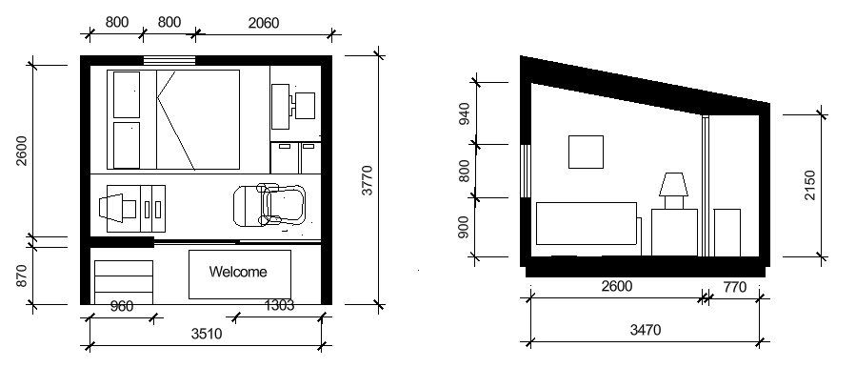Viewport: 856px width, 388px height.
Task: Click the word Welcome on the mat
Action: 238,272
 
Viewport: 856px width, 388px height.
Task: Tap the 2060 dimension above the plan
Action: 263,23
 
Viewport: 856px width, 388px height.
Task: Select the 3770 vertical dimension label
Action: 367,180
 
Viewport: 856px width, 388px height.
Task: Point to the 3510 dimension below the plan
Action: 207,334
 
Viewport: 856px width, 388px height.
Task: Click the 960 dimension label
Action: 121,307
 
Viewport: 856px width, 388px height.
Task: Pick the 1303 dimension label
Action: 279,305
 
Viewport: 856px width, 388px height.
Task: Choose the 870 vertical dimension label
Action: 21,276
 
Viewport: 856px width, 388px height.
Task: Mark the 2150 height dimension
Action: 809,185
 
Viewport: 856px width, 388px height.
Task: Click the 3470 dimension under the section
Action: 646,330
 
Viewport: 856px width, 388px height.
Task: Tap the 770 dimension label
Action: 734,287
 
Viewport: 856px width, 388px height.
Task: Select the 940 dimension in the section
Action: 464,113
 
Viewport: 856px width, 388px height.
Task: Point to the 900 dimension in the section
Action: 463,227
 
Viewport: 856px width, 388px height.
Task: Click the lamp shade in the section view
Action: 673,184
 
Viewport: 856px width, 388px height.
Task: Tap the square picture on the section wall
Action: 586,152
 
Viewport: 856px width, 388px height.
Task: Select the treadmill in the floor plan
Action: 269,206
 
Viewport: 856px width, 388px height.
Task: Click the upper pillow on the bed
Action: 127,94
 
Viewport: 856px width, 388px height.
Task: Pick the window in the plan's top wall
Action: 169,60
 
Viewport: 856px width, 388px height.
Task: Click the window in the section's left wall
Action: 526,171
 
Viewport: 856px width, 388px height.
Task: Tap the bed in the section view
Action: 587,223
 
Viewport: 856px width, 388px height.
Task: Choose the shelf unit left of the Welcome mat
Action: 124,282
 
